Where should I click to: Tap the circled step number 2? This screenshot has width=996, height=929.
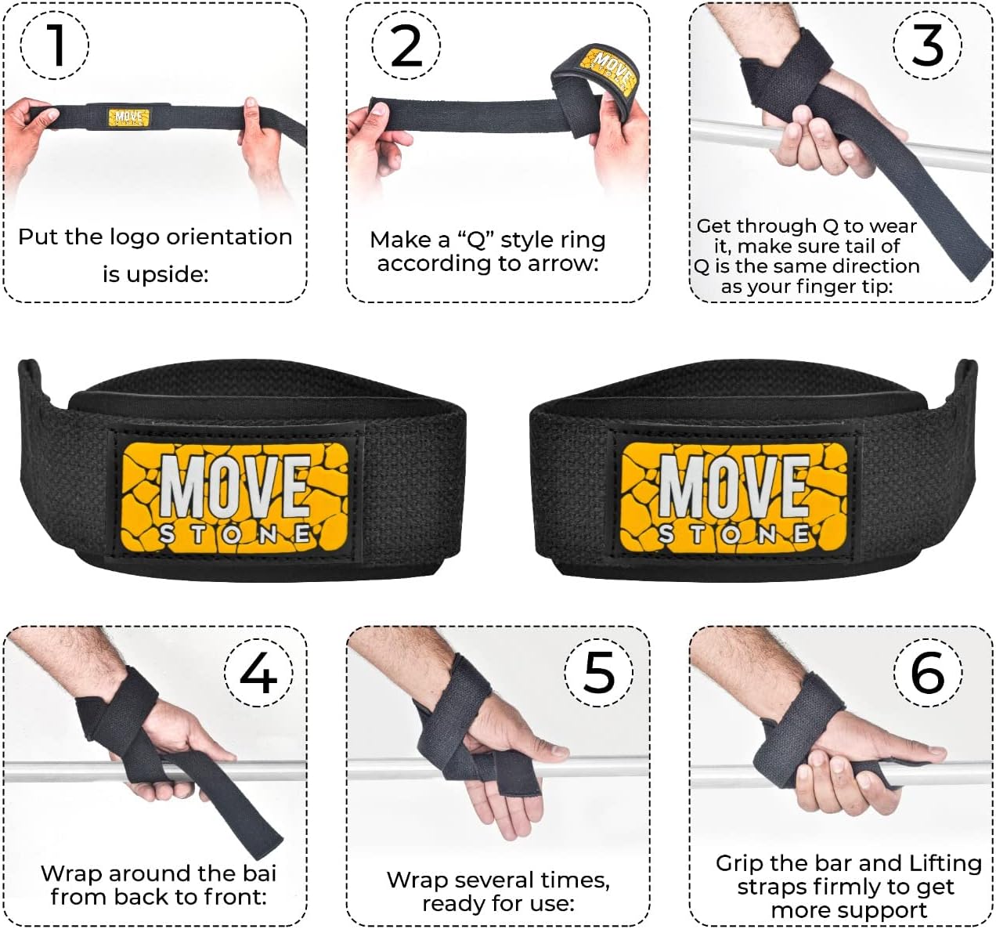[406, 45]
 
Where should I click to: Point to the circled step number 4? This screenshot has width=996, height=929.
[258, 672]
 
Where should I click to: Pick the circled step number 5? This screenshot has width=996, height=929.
[599, 672]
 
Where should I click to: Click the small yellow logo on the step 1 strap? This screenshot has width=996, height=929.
[128, 117]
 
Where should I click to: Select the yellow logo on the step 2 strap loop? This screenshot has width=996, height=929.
[607, 69]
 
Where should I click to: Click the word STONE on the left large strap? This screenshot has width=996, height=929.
[236, 534]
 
